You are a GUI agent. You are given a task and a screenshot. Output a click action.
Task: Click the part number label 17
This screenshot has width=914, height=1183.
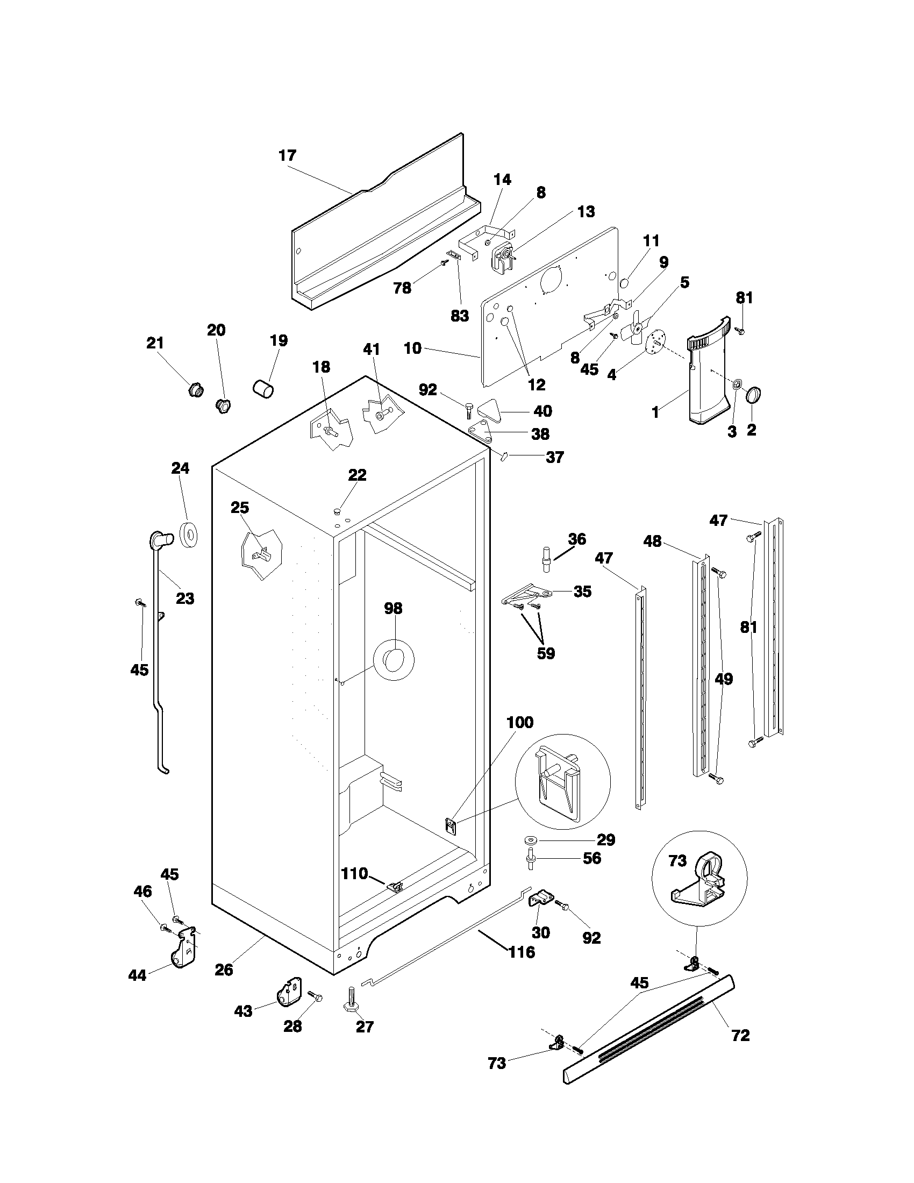click(x=288, y=155)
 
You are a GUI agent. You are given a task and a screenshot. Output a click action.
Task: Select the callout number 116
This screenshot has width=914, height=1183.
click(x=521, y=952)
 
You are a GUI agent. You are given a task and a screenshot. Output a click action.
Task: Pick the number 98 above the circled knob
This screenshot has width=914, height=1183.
click(x=393, y=608)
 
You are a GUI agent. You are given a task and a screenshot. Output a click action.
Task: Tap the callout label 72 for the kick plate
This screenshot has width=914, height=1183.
click(x=740, y=1035)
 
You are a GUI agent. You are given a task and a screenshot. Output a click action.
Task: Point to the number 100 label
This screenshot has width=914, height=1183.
click(x=520, y=722)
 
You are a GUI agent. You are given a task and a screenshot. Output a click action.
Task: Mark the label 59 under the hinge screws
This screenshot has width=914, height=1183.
click(x=546, y=653)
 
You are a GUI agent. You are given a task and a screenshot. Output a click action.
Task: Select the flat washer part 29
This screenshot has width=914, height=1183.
click(x=530, y=840)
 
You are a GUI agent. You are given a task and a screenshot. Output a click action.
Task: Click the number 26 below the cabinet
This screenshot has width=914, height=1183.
click(x=224, y=970)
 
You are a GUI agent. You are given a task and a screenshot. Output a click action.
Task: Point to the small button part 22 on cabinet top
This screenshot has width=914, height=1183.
click(x=337, y=510)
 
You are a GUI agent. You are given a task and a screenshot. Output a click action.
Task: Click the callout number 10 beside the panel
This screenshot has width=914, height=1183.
click(x=412, y=348)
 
